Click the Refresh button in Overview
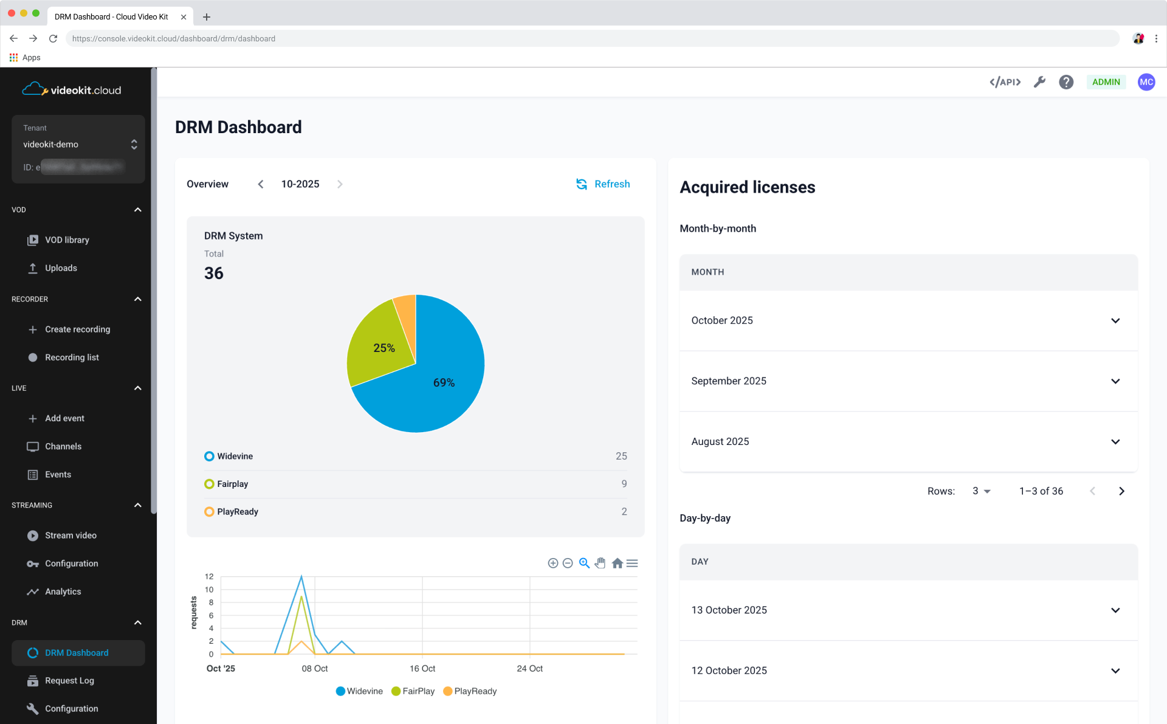pos(603,184)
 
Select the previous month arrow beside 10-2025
pos(261,184)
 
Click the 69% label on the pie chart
pos(444,382)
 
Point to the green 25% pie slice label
pos(384,348)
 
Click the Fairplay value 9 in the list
pos(624,484)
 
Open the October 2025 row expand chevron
pos(1115,321)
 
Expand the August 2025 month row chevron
pos(1115,442)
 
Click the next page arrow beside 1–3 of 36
pos(1121,491)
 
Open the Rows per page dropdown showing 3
pos(981,491)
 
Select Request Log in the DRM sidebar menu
pos(69,681)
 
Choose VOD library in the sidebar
pos(67,240)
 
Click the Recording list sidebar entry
pos(72,357)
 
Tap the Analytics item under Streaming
pos(63,591)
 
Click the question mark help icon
pos(1066,82)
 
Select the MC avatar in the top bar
pos(1146,82)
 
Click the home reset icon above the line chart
pos(617,564)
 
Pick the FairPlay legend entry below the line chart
pos(413,691)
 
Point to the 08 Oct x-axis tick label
pos(314,669)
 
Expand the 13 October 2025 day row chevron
pos(1115,610)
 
